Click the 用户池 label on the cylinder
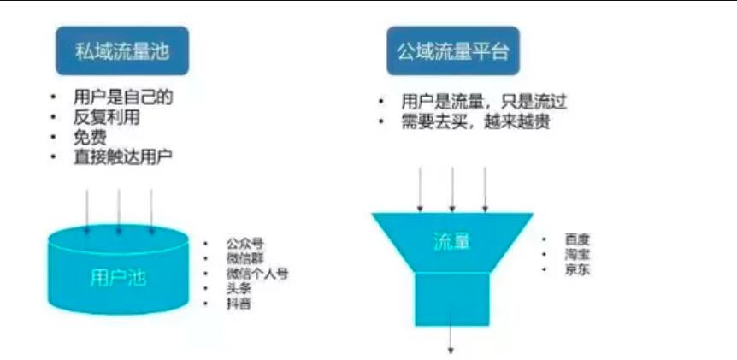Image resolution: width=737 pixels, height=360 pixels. tap(117, 277)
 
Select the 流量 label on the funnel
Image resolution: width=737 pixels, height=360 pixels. tap(451, 242)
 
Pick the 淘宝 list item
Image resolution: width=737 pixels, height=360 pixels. tap(577, 255)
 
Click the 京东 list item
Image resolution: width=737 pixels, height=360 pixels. tap(577, 270)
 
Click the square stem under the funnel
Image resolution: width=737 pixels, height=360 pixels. tap(451, 298)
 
